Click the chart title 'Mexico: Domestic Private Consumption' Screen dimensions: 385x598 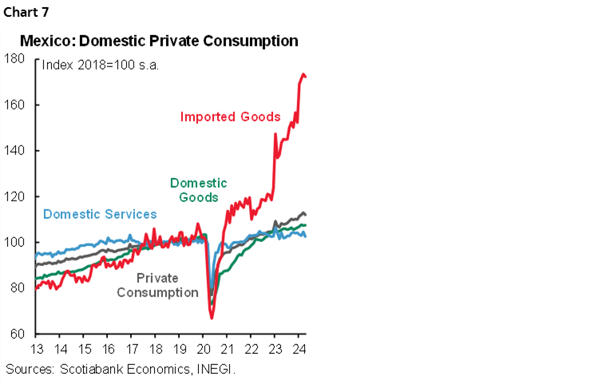tap(159, 41)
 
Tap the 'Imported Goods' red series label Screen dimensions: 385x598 tap(230, 117)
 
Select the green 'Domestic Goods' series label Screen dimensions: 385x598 tap(198, 190)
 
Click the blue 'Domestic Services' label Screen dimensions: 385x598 tap(100, 214)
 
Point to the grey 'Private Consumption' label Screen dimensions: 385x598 tap(157, 285)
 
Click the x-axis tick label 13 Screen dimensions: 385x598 tap(37, 349)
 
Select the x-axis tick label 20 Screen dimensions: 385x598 tap(202, 349)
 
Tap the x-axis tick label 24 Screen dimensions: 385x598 tap(298, 349)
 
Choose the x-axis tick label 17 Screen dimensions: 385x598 tap(131, 349)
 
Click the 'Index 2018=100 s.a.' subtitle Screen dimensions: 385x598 tap(100, 65)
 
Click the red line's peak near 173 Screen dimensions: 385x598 tap(303, 74)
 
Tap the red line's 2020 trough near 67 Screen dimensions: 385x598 tap(212, 318)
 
